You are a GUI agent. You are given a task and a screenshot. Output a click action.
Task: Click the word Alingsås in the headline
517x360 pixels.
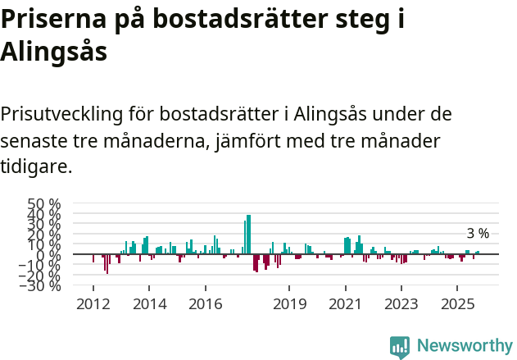pos(54,51)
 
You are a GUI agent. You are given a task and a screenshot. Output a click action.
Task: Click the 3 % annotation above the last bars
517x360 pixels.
pos(478,234)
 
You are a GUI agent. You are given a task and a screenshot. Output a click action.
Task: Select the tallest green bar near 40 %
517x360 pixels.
pos(248,234)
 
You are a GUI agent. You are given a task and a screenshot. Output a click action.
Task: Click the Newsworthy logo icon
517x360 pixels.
pos(400,346)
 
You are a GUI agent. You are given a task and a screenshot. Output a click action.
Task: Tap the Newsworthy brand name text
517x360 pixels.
pos(465,346)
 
